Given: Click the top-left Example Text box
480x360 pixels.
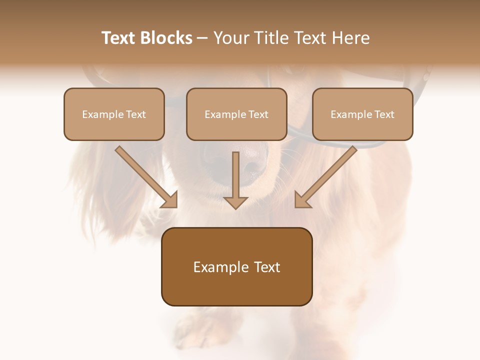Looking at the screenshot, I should [114, 114].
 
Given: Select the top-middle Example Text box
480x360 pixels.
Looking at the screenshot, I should [236, 114].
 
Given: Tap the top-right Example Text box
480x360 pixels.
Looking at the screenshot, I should [362, 114].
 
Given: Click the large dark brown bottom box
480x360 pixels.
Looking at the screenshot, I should [236, 266].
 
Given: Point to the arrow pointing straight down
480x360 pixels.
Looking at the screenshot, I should [235, 180].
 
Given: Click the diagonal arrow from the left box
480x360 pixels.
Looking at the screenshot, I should [146, 177].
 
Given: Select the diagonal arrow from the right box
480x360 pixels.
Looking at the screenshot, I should [325, 177].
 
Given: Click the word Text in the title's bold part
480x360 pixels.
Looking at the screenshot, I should [120, 38].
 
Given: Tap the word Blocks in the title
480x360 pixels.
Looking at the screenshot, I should [167, 38].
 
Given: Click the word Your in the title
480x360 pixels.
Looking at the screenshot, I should [231, 38].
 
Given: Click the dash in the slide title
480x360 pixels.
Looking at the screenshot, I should [202, 38].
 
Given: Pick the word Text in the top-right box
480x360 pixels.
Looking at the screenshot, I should [383, 114].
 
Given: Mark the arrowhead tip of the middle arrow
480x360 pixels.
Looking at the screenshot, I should [235, 207].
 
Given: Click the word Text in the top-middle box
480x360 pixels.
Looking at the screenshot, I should [257, 114].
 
